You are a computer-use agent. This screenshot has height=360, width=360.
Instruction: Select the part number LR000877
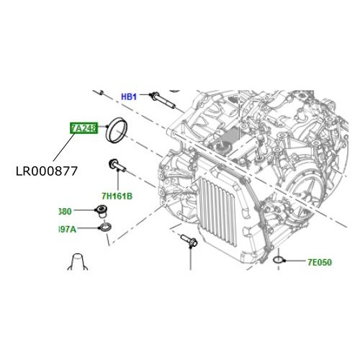(x=45, y=171)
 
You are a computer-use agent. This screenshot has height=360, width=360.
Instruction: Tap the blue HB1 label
(x=128, y=96)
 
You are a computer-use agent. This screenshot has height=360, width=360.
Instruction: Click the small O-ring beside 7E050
(x=277, y=259)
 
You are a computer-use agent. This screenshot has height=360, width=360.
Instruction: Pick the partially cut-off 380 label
(x=65, y=212)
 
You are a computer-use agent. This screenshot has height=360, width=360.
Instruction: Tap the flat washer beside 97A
(x=105, y=229)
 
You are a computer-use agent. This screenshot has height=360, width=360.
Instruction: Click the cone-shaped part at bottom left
(x=78, y=262)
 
